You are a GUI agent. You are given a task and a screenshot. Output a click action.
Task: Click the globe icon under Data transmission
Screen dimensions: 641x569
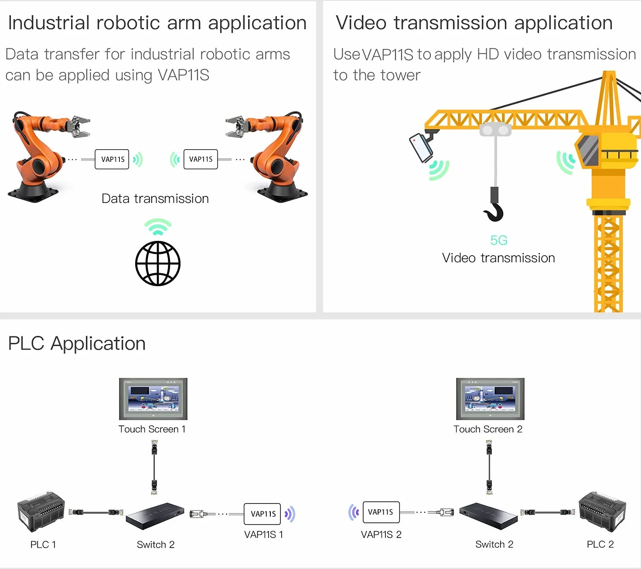[x=157, y=264]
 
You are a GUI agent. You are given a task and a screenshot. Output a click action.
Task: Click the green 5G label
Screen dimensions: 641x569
[x=498, y=240]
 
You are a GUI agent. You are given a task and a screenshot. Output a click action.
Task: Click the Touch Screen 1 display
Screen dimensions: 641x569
[x=153, y=399]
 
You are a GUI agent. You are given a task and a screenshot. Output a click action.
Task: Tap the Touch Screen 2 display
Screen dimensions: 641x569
[x=490, y=399]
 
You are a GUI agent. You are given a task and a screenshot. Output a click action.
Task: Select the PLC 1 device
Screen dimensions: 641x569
[x=41, y=512]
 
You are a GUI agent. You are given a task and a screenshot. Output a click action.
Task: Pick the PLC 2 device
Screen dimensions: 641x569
[x=602, y=511]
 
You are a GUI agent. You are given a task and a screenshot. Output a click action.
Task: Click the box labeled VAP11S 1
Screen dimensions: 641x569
[x=262, y=514]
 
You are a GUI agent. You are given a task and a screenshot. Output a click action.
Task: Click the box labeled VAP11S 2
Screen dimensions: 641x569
[x=381, y=512]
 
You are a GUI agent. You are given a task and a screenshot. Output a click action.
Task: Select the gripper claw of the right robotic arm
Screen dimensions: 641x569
[x=237, y=127]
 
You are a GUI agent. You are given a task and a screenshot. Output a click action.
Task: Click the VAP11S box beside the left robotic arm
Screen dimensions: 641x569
[x=112, y=159]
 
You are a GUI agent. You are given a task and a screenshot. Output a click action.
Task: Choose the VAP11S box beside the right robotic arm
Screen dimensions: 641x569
[x=201, y=159]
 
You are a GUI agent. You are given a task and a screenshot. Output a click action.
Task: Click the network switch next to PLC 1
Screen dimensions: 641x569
[x=155, y=516]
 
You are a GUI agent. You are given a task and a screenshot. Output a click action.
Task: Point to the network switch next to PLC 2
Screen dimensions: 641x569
[x=488, y=516]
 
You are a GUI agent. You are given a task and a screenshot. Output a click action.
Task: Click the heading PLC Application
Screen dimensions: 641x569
[x=77, y=343]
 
